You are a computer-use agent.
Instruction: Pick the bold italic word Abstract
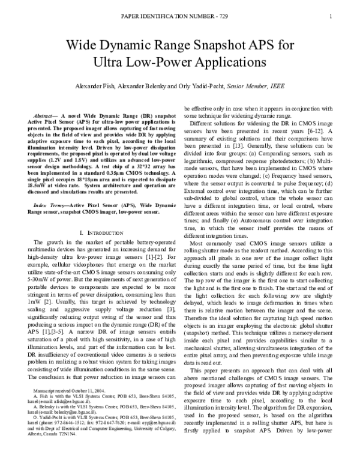tap(47, 114)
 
